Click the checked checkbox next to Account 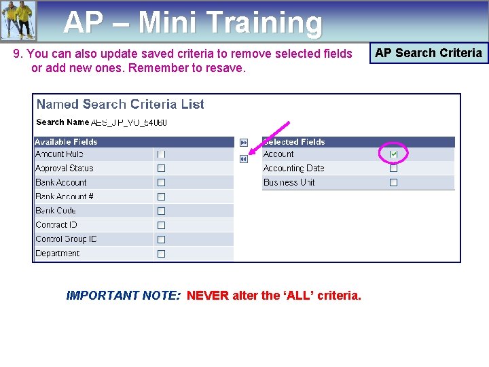[393, 154]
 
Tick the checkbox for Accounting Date [393, 169]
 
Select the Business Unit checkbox [393, 183]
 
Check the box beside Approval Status [161, 169]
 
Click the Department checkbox [161, 254]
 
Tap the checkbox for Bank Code [161, 211]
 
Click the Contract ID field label [56, 225]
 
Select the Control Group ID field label [66, 239]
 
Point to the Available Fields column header [66, 142]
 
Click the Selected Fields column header [294, 142]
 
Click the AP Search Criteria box [429, 53]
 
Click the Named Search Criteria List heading [120, 105]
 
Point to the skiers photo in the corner [18, 20]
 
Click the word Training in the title [264, 23]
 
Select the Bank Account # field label [65, 197]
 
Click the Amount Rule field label [59, 154]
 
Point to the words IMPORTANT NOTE [123, 296]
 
